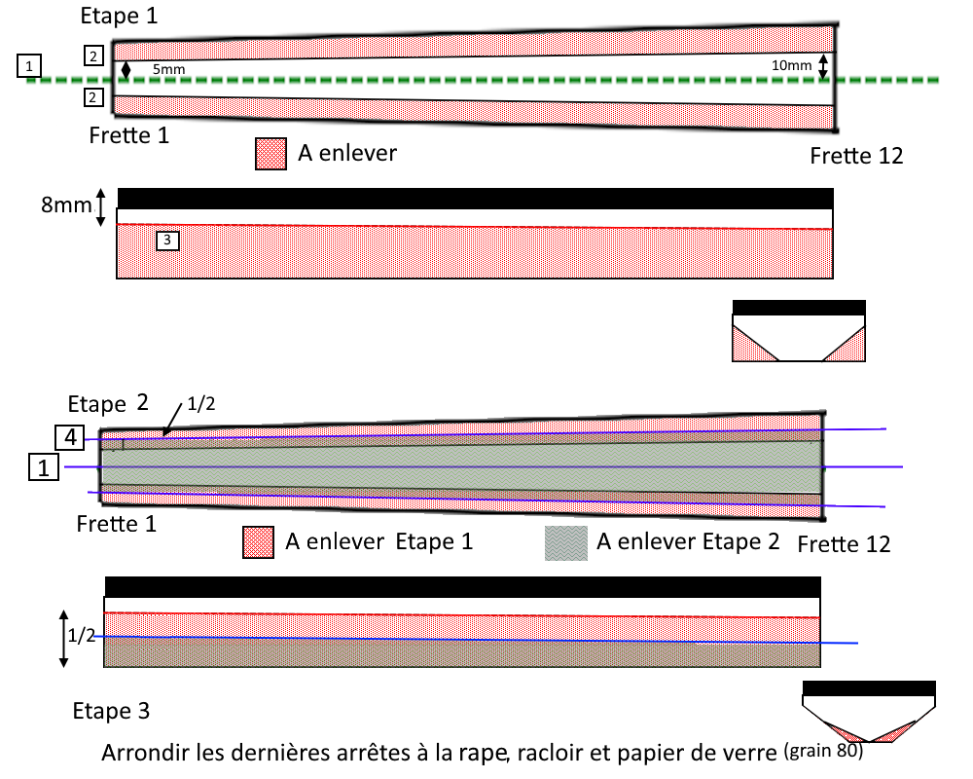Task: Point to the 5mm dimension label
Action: click(x=167, y=70)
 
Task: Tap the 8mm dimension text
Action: click(x=66, y=206)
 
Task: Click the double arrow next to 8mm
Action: click(x=100, y=207)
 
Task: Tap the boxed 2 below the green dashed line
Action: click(x=92, y=96)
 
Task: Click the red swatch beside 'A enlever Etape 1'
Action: click(x=259, y=542)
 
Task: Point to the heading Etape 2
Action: click(x=110, y=403)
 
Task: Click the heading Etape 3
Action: click(x=111, y=711)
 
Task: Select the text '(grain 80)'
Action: click(x=823, y=751)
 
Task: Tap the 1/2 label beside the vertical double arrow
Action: click(x=82, y=636)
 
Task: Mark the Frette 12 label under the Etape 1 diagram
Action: click(x=856, y=156)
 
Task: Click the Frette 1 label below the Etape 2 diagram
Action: click(x=117, y=524)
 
